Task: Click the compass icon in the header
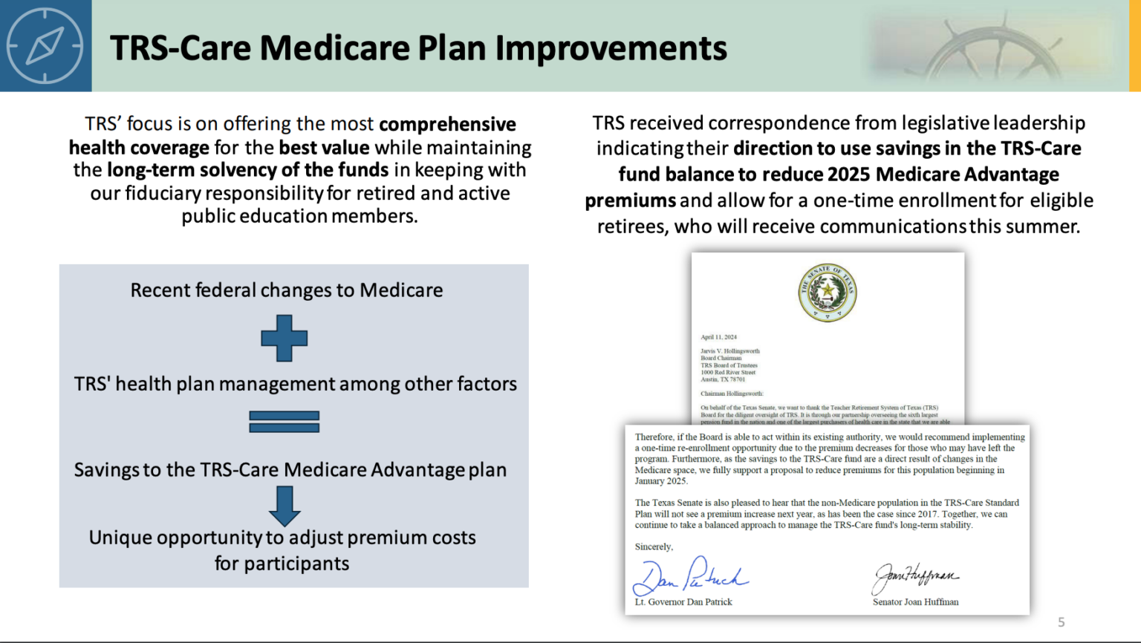pos(45,46)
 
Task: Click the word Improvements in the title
pos(611,48)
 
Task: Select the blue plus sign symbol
pos(285,339)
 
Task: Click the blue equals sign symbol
pos(285,422)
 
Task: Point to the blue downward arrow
pos(285,506)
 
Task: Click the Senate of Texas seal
pos(828,292)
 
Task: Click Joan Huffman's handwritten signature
pos(916,576)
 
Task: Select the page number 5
pos(1062,622)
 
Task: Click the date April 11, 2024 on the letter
pos(718,337)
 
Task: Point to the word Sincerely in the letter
pos(654,546)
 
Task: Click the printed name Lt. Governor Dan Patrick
pos(683,602)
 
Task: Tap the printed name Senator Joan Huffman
pos(915,602)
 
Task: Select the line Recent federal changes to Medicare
pos(287,290)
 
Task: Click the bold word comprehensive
pos(447,124)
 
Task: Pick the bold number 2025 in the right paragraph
pos(848,174)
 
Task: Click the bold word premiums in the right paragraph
pos(630,200)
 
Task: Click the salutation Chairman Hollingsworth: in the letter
pos(732,394)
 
